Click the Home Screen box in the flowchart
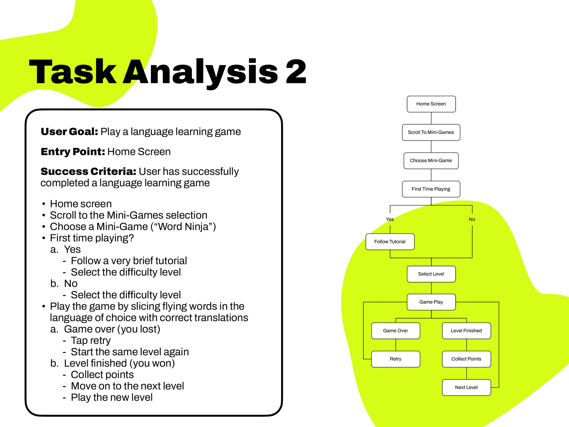[431, 104]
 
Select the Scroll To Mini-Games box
[431, 132]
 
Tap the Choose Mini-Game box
[431, 161]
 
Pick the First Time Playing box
[431, 189]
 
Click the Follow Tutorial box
[390, 242]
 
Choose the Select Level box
[431, 274]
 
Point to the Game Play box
[431, 302]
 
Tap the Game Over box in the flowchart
[395, 331]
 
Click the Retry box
[395, 359]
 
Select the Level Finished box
[466, 331]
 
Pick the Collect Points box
[466, 359]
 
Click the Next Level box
[466, 387]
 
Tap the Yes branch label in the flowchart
[390, 219]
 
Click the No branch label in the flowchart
[472, 219]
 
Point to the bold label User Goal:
[69, 131]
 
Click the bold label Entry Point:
[73, 152]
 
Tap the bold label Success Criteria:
[88, 172]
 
